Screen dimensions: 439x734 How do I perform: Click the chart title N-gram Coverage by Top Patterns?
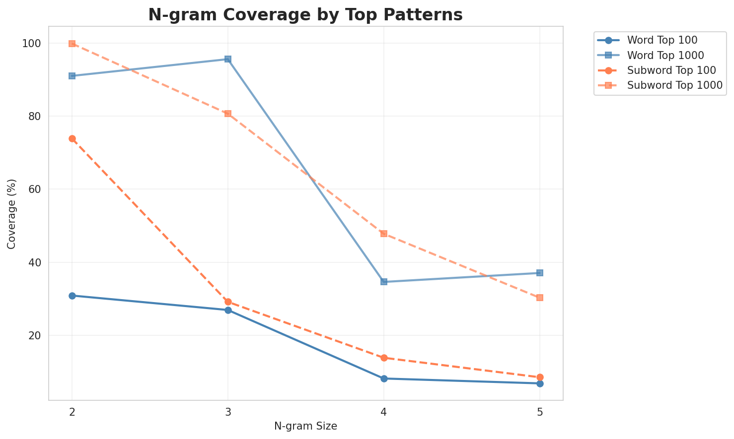point(305,14)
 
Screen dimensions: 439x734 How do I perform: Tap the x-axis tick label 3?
point(228,411)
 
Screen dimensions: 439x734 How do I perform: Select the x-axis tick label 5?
point(540,411)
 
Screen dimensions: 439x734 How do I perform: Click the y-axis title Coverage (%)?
point(11,213)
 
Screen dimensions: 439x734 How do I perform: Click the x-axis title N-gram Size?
point(305,426)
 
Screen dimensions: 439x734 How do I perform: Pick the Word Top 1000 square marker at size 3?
point(228,59)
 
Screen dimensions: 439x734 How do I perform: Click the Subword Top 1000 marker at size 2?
point(72,44)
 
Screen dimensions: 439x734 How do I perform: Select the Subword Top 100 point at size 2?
point(72,139)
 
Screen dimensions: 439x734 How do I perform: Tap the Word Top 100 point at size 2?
point(72,296)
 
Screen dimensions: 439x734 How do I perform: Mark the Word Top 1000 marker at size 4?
point(384,282)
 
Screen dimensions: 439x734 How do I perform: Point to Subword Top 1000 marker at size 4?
point(384,234)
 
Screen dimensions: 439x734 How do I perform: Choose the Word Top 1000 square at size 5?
point(540,273)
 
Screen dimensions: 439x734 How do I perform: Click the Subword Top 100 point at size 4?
point(384,358)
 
